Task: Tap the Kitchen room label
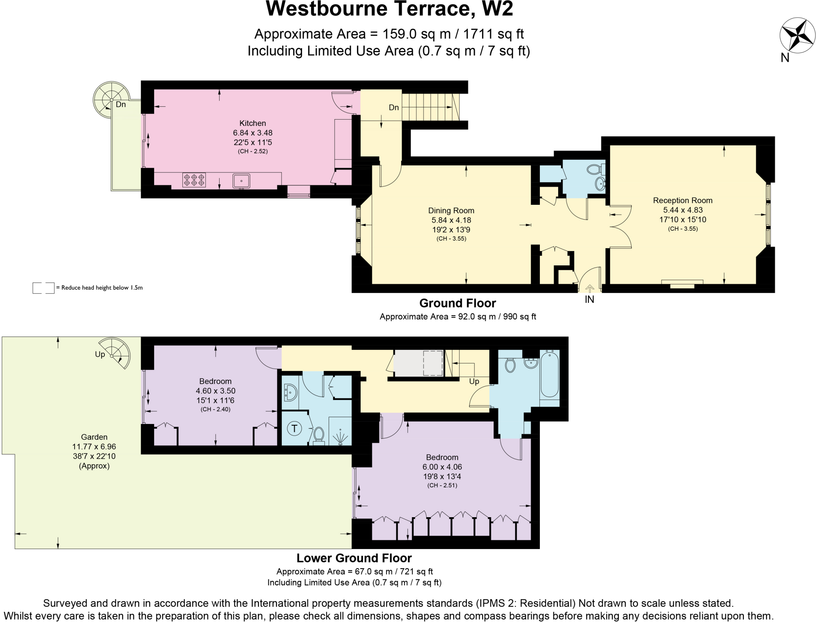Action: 253,124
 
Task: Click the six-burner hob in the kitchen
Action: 194,180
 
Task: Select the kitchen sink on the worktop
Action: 241,181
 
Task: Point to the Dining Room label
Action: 451,211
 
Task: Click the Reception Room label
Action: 683,201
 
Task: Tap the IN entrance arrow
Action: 589,288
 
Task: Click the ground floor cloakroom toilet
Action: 594,169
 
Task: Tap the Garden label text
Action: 94,437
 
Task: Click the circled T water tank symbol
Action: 294,429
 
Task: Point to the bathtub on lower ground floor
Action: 549,374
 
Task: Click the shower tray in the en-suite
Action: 340,432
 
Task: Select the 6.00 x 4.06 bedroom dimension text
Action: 442,467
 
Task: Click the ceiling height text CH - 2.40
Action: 215,409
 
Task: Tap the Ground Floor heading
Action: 457,303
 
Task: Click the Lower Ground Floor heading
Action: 354,558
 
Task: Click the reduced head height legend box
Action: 43,288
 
